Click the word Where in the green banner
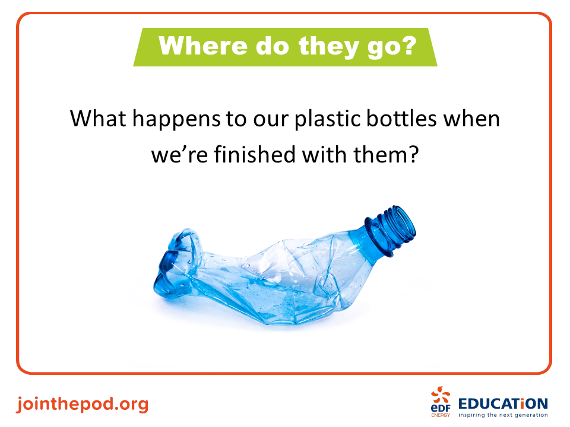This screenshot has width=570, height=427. click(x=204, y=46)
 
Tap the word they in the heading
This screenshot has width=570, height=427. click(x=328, y=47)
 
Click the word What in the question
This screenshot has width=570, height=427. click(x=98, y=119)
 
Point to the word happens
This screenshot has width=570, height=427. click(x=176, y=120)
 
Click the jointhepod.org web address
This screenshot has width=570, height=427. click(x=83, y=404)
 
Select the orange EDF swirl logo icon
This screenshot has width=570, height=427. click(x=441, y=396)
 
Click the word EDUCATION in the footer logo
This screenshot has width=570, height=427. click(x=503, y=404)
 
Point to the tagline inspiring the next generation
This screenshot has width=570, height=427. click(x=503, y=415)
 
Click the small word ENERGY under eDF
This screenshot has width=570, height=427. click(x=441, y=415)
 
